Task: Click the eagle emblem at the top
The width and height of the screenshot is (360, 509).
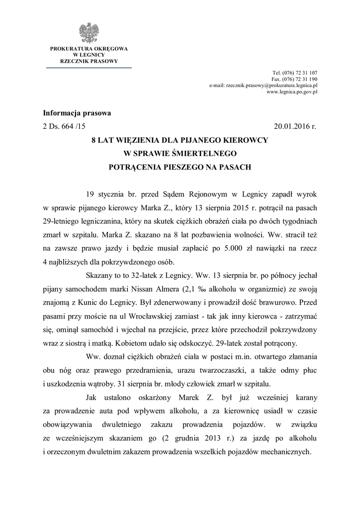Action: [89, 33]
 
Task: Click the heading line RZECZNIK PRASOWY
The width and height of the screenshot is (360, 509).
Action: [89, 61]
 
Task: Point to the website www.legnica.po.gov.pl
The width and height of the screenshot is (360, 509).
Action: [292, 92]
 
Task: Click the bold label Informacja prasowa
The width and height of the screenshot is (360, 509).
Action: [77, 113]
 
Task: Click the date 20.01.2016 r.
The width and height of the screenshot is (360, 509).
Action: [295, 126]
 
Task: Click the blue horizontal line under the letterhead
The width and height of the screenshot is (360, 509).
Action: [89, 68]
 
